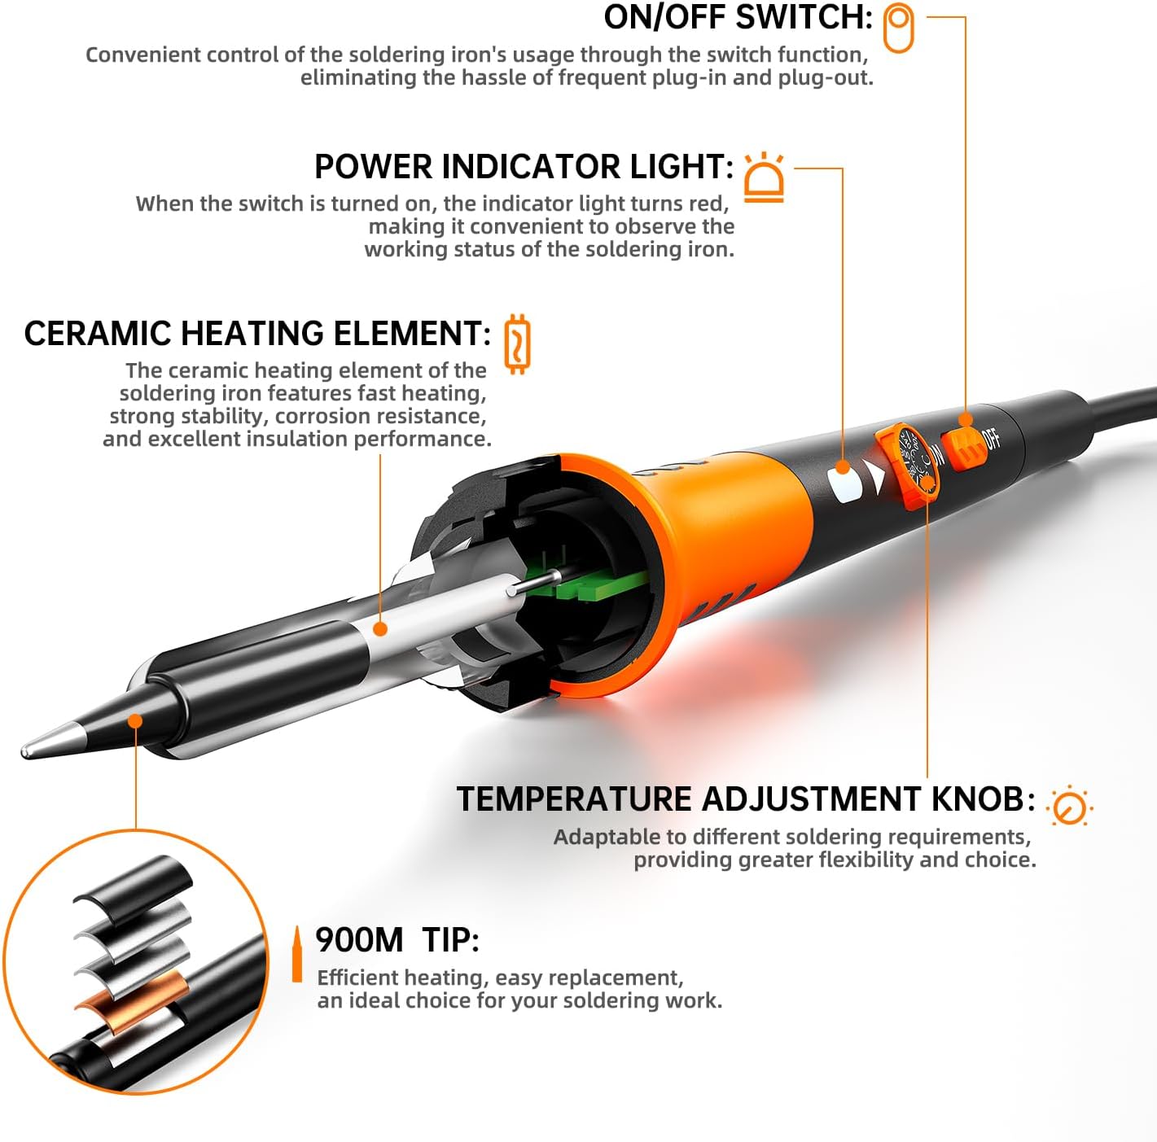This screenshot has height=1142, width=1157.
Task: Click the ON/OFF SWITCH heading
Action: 738,17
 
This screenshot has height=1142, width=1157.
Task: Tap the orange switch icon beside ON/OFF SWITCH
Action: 898,28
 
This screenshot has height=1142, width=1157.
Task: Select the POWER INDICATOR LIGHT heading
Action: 524,166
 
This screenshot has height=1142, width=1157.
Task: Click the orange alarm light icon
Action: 764,177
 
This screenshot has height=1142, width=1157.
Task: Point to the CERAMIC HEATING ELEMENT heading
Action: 257,333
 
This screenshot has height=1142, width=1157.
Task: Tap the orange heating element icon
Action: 517,344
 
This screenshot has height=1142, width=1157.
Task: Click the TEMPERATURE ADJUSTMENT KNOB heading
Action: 746,799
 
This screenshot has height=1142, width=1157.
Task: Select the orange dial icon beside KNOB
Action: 1069,806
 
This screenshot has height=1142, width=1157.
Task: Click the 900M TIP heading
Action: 397,939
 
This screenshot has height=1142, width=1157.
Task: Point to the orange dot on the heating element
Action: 380,628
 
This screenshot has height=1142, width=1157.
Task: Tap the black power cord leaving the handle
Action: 1117,409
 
